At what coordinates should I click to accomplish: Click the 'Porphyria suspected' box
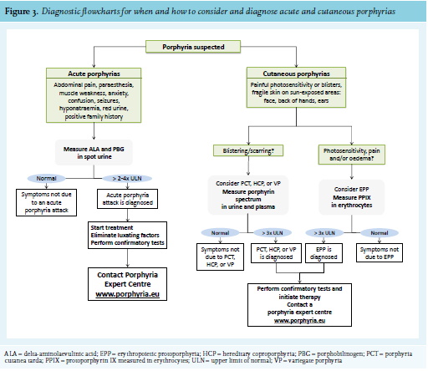click(x=193, y=47)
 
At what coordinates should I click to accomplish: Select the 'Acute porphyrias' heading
click(x=94, y=74)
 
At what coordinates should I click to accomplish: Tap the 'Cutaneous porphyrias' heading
click(x=296, y=74)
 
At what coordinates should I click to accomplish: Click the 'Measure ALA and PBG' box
click(x=94, y=153)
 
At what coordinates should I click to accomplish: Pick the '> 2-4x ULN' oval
click(x=127, y=178)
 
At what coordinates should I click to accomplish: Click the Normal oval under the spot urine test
click(x=46, y=178)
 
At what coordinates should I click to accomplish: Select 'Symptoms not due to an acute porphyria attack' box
click(x=46, y=202)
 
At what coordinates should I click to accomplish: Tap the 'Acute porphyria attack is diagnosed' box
click(x=127, y=199)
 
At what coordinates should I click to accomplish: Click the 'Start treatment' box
click(x=127, y=235)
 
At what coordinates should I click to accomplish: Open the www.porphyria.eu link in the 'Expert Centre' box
click(x=127, y=294)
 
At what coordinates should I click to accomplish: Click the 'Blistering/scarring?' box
click(x=248, y=150)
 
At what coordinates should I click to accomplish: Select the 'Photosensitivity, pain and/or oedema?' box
click(x=352, y=155)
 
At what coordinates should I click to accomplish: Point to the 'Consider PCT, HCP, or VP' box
click(x=248, y=195)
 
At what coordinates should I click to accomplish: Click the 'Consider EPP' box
click(x=352, y=197)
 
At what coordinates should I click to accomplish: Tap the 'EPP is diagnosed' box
click(x=324, y=253)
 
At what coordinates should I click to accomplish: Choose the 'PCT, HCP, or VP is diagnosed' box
click(x=276, y=253)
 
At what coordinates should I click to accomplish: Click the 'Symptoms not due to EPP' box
click(x=380, y=253)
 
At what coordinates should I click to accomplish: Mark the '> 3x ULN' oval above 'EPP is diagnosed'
click(x=324, y=233)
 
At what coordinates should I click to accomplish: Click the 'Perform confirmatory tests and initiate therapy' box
click(x=299, y=305)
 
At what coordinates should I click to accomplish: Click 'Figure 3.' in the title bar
click(x=21, y=12)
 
